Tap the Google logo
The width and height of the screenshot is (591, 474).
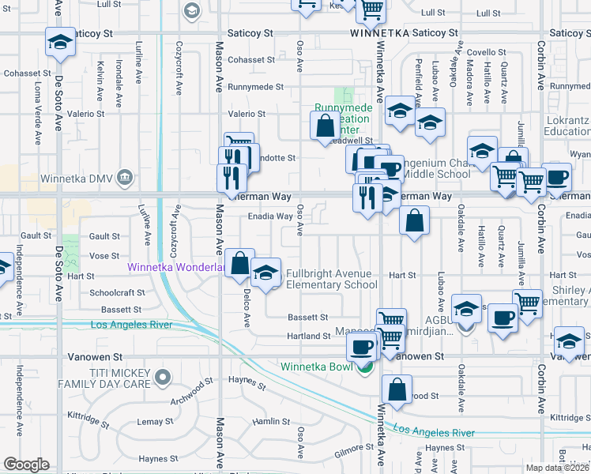pos(26,465)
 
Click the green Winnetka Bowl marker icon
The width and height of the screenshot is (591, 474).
pos(365,367)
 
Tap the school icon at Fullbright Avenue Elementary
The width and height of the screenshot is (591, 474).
pos(266,273)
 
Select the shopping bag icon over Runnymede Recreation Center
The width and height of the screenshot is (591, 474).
pos(325,126)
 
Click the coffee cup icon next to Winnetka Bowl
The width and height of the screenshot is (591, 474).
pos(362,346)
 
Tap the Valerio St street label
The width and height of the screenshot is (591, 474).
pos(247,115)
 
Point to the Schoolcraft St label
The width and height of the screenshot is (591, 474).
pos(117,292)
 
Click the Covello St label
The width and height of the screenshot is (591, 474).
pos(480,53)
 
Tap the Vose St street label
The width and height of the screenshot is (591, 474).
pos(104,256)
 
